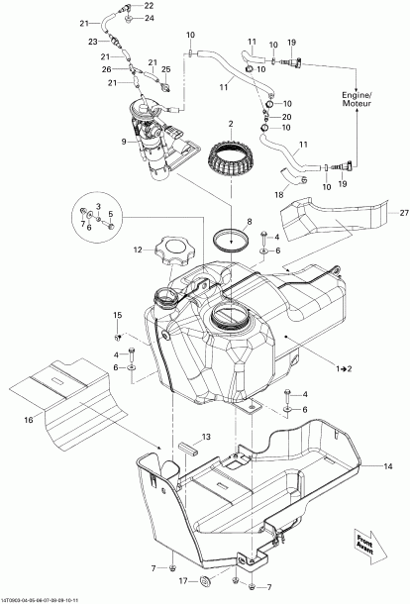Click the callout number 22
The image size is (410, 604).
tap(150, 6)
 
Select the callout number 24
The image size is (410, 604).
tap(150, 18)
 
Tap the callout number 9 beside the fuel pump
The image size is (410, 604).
tap(124, 142)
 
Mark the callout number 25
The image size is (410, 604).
tap(165, 69)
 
